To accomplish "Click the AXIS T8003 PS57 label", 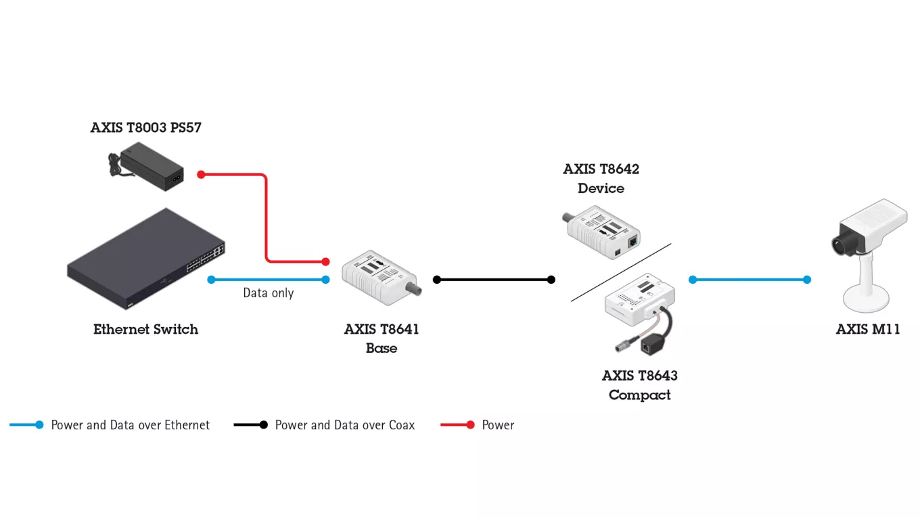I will pyautogui.click(x=145, y=127).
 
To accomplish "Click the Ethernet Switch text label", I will pyautogui.click(x=145, y=330).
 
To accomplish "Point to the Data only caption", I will pyautogui.click(x=269, y=293).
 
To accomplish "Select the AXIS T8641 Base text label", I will pyautogui.click(x=382, y=339).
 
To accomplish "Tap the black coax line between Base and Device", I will pyautogui.click(x=494, y=280).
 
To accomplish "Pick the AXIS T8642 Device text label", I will pyautogui.click(x=601, y=178).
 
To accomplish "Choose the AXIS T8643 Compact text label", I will pyautogui.click(x=639, y=385).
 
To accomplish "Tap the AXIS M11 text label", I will pyautogui.click(x=868, y=330).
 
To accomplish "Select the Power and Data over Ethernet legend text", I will pyautogui.click(x=131, y=425).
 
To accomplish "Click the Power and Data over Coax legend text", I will pyautogui.click(x=344, y=425).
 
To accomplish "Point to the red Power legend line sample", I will pyautogui.click(x=456, y=425).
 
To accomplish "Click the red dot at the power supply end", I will pyautogui.click(x=201, y=175).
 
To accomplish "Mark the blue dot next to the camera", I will pyautogui.click(x=806, y=280).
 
